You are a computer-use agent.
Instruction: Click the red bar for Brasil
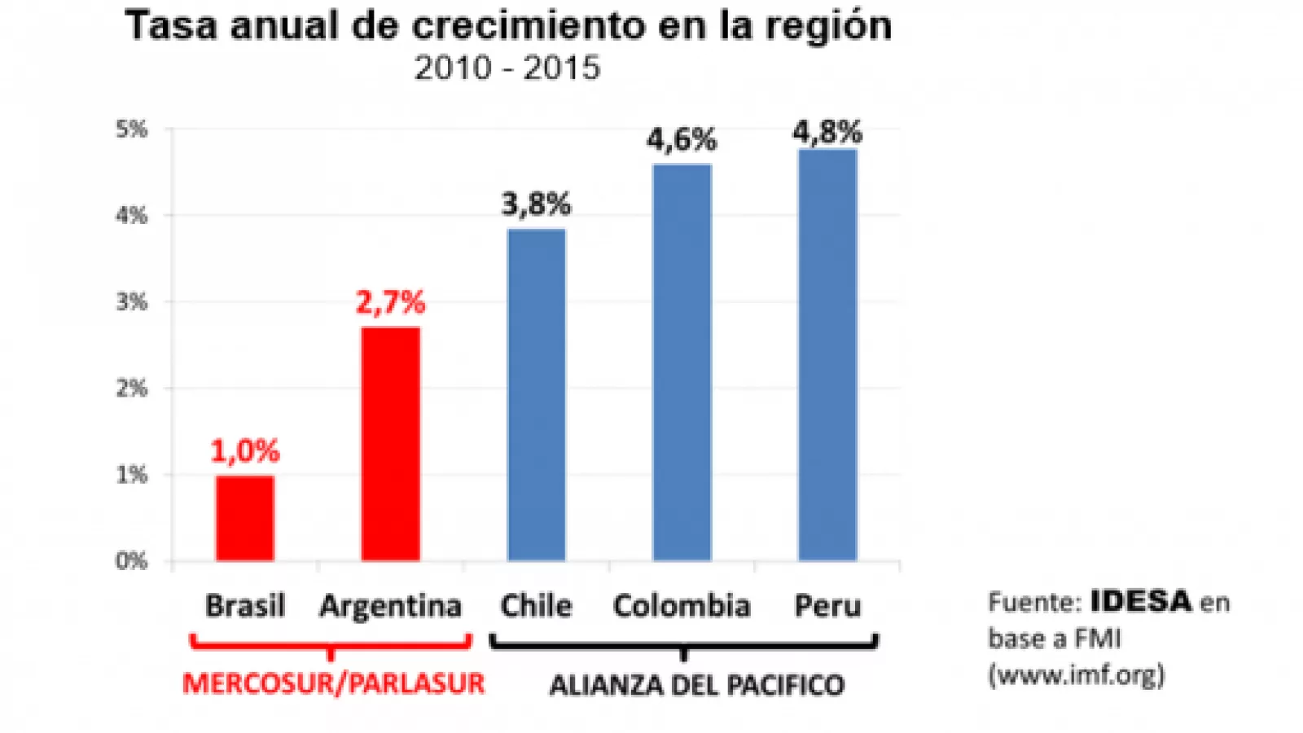click(245, 518)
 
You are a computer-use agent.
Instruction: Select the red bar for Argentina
click(391, 444)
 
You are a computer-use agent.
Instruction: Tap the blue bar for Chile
click(536, 395)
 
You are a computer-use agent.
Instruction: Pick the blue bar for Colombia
click(682, 362)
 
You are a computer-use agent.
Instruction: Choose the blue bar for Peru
click(827, 354)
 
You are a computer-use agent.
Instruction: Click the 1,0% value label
click(245, 450)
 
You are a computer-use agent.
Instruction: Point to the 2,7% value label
click(391, 302)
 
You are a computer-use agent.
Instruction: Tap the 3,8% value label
click(536, 204)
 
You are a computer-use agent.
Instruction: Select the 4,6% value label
click(682, 140)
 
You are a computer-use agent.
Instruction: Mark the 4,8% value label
click(827, 132)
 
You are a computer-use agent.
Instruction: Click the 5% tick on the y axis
click(131, 129)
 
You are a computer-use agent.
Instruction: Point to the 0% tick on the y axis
click(131, 561)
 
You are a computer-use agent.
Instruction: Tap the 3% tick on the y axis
click(131, 302)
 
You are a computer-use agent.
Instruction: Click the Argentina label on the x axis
click(391, 606)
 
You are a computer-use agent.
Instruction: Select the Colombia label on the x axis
click(682, 606)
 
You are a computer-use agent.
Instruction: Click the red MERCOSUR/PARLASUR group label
click(333, 683)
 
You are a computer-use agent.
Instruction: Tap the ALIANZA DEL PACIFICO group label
click(697, 685)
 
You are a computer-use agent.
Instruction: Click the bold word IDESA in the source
click(1141, 602)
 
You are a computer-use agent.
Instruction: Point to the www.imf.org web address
click(1077, 675)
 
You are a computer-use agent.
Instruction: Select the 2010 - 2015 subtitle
click(507, 68)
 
